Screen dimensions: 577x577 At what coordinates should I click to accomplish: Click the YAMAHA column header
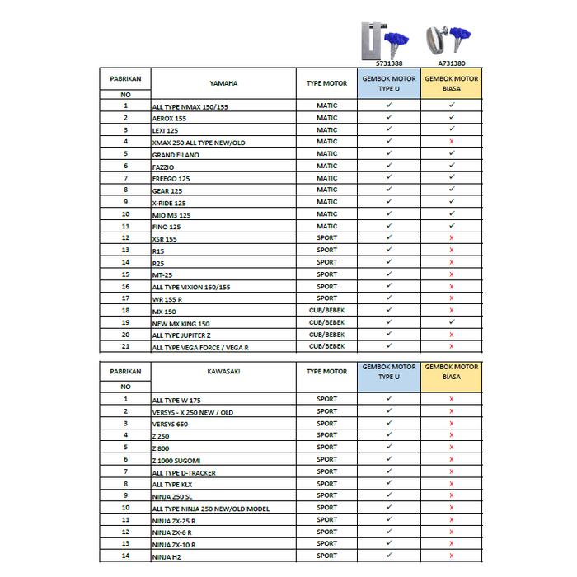[223, 83]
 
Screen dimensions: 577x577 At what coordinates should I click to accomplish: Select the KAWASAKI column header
[223, 372]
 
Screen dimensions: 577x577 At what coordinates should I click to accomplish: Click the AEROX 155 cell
[170, 119]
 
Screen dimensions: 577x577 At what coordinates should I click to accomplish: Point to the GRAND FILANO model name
[176, 155]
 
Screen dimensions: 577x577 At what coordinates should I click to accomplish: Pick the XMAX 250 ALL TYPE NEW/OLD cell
[199, 143]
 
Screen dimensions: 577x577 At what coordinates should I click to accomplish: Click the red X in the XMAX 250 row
[452, 142]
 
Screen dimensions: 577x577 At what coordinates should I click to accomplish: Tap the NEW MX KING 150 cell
[181, 324]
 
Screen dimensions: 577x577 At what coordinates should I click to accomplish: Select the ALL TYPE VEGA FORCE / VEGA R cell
[200, 348]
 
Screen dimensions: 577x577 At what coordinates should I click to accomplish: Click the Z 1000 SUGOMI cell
[176, 460]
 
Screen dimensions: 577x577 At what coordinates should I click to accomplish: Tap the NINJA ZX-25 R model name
[174, 521]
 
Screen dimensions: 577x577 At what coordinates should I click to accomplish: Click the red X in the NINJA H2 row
[452, 556]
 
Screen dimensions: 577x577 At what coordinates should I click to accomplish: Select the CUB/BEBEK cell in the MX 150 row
[326, 310]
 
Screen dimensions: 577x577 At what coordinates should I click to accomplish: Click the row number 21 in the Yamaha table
[126, 347]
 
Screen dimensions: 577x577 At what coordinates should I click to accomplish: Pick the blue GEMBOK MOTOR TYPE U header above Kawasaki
[389, 372]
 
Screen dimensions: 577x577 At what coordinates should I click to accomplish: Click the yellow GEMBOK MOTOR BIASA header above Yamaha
[452, 83]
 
